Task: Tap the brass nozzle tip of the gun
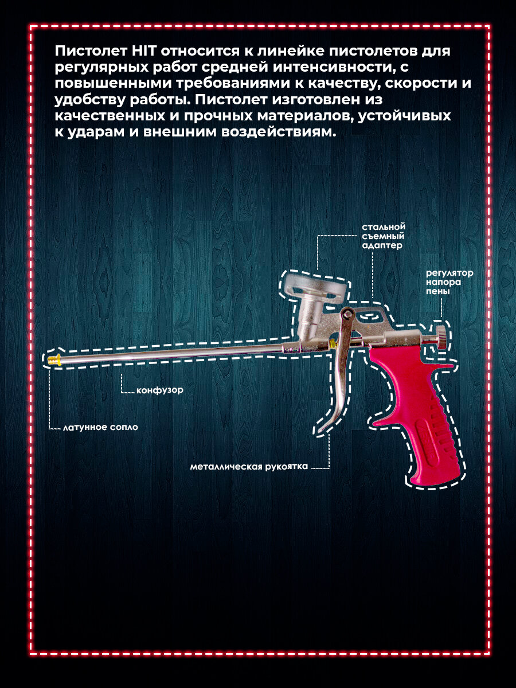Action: [x=53, y=359]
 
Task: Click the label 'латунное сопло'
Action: [x=101, y=428]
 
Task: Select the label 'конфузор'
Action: [x=160, y=390]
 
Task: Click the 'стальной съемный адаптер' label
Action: [x=384, y=236]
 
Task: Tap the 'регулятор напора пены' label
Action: [x=449, y=282]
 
